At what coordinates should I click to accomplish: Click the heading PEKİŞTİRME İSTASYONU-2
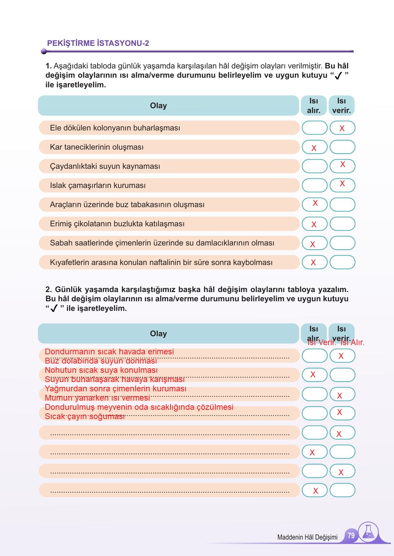(x=98, y=43)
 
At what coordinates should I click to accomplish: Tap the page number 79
(x=351, y=535)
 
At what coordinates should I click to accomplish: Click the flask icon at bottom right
(x=368, y=532)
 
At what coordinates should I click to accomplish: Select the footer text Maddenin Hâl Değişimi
(x=307, y=537)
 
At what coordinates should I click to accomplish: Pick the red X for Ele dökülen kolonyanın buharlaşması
(x=342, y=129)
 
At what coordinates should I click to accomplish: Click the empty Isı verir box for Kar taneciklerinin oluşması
(x=342, y=147)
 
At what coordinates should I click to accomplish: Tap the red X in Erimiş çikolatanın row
(x=314, y=225)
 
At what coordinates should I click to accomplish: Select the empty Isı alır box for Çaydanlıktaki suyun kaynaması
(x=315, y=166)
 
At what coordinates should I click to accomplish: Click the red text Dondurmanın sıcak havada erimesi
(x=109, y=352)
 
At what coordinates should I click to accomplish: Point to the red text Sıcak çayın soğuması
(x=85, y=417)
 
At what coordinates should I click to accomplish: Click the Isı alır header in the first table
(x=314, y=105)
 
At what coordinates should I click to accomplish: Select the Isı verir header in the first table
(x=341, y=105)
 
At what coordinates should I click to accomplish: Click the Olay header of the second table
(x=158, y=333)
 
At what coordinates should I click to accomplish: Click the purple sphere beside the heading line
(x=43, y=51)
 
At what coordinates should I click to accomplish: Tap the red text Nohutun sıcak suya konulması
(x=101, y=370)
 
